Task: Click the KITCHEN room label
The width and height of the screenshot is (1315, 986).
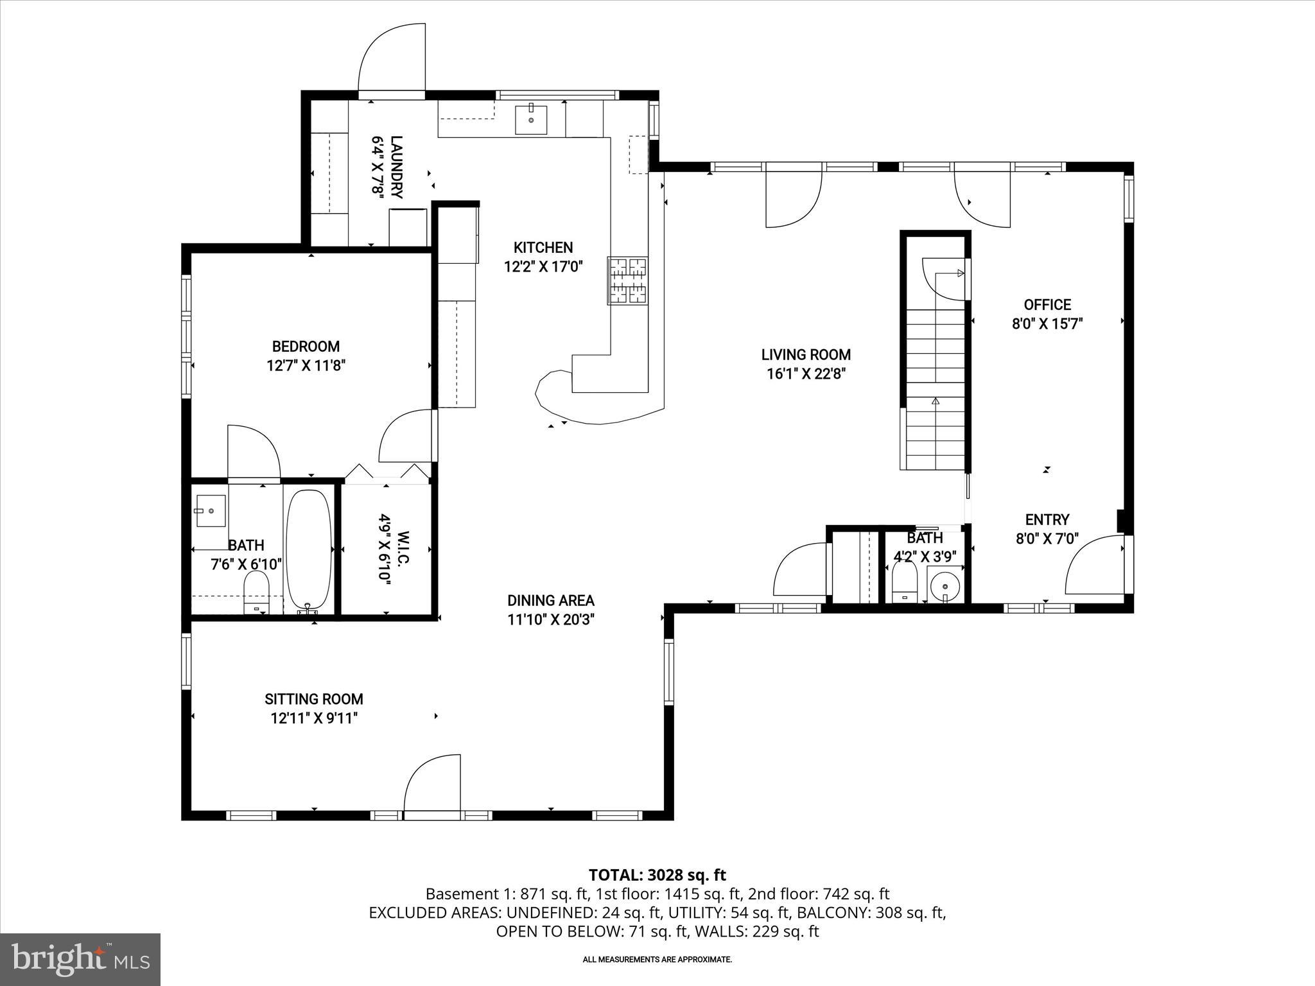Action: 543,248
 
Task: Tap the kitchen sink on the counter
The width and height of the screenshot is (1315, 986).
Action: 531,119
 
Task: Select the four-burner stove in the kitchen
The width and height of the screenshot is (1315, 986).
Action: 628,281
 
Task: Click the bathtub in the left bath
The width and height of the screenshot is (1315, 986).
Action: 308,549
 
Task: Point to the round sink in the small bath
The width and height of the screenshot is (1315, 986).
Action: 945,585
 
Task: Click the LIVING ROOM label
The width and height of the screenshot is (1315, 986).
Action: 806,354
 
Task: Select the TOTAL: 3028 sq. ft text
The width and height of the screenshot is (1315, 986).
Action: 657,875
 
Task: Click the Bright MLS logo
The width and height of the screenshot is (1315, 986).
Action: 80,958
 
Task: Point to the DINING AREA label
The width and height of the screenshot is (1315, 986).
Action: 551,601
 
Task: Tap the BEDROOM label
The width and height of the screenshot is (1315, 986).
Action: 306,347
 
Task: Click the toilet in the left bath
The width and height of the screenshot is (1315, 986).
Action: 256,592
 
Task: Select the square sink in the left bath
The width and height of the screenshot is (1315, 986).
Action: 210,511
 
